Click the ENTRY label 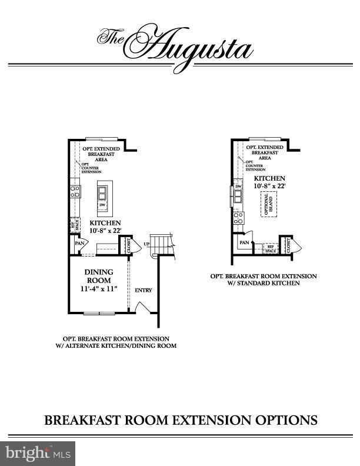(144, 291)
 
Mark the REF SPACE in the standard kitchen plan (271, 249)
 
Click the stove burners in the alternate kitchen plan (75, 191)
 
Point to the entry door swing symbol (140, 308)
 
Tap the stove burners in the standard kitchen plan (238, 219)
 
